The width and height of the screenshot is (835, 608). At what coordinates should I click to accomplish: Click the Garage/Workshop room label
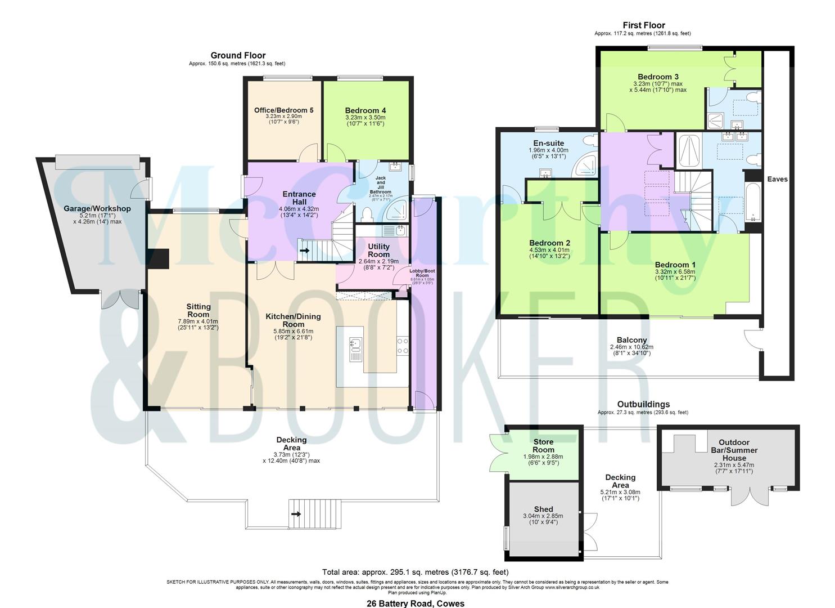point(97,209)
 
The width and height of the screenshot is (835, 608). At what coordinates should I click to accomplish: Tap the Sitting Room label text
point(198,310)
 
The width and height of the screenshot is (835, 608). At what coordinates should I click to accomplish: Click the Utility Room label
point(378,251)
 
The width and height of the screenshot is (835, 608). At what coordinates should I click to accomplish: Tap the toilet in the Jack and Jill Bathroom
point(367,214)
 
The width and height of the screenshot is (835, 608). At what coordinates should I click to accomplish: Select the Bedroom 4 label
point(365,110)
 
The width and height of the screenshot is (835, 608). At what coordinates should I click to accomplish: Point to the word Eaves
point(778,179)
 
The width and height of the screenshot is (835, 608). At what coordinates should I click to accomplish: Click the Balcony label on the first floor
point(631,340)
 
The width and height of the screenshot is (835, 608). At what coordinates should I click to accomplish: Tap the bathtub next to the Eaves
point(752,203)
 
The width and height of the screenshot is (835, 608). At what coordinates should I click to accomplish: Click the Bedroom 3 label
point(658,77)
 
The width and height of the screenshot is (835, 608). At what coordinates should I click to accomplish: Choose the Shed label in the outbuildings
point(543,509)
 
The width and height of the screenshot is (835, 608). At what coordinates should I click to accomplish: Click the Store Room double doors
point(497,453)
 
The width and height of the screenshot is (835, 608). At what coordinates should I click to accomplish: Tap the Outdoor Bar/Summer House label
point(738,450)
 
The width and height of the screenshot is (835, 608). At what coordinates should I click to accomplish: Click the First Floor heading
point(643,25)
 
